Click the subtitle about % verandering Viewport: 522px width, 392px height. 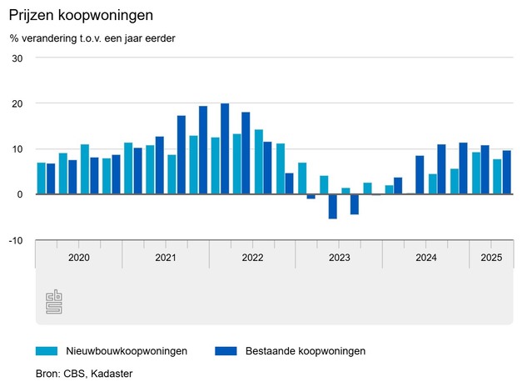pos(92,38)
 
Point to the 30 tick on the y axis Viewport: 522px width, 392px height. pos(17,58)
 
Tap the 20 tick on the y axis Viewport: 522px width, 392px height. pos(17,103)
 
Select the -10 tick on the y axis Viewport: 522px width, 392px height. pos(15,240)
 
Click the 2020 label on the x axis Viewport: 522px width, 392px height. pos(78,258)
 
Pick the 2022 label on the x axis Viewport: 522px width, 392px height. pos(252,258)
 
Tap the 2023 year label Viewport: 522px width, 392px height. pos(339,258)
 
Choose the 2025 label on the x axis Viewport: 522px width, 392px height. pos(491,258)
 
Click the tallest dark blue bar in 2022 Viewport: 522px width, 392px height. pos(225,149)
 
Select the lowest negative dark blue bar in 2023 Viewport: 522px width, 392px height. pos(333,206)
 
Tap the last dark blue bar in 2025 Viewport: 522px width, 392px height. pos(506,173)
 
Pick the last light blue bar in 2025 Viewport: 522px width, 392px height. pos(496,177)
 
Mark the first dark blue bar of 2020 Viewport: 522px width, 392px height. pos(51,178)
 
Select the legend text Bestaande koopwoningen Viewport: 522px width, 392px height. pos(306,351)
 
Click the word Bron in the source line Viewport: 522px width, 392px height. pos(47,373)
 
